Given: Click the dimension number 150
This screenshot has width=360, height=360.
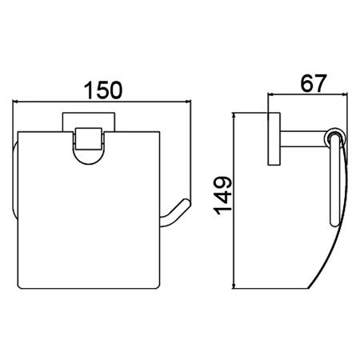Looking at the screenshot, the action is (x=103, y=90).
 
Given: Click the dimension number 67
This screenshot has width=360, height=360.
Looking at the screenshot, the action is (x=313, y=83).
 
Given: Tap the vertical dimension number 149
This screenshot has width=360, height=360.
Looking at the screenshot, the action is (x=222, y=195).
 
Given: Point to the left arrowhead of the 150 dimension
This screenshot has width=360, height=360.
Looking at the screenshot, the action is (x=15, y=102).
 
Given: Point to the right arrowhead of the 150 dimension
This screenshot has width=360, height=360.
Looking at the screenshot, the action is (x=189, y=102).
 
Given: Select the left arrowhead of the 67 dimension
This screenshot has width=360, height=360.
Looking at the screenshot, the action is (x=270, y=94).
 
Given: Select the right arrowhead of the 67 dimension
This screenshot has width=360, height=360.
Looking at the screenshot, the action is (x=345, y=94).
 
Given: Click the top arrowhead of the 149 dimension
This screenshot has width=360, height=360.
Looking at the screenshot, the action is (x=234, y=115).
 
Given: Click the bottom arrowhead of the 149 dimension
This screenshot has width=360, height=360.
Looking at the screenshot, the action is (x=234, y=286).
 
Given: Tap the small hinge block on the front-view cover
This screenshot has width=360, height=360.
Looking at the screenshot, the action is (x=89, y=138).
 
